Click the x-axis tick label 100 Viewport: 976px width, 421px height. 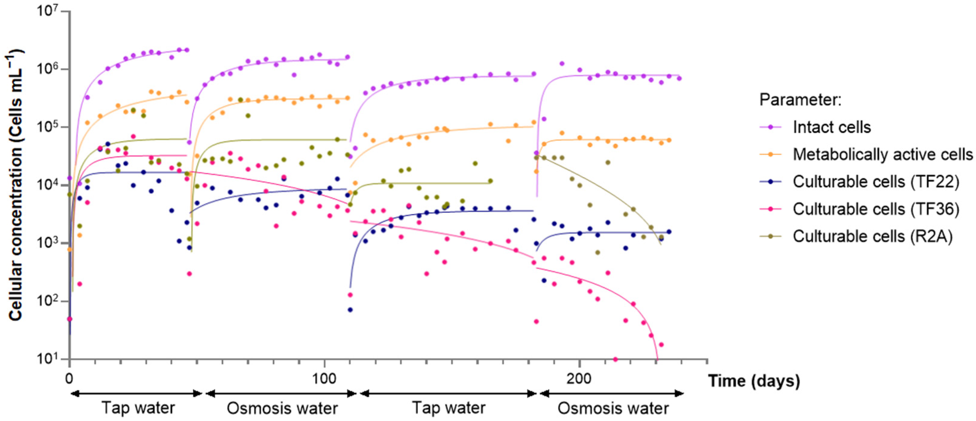324,378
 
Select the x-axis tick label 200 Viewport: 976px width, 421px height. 579,378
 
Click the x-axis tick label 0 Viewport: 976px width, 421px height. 69,378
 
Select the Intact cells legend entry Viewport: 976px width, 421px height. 832,127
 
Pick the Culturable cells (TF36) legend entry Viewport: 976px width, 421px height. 876,209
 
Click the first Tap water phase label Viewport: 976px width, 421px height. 138,408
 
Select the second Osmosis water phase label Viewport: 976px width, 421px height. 613,408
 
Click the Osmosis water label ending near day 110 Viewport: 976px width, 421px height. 282,408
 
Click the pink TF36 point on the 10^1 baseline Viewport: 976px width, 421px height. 615,359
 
